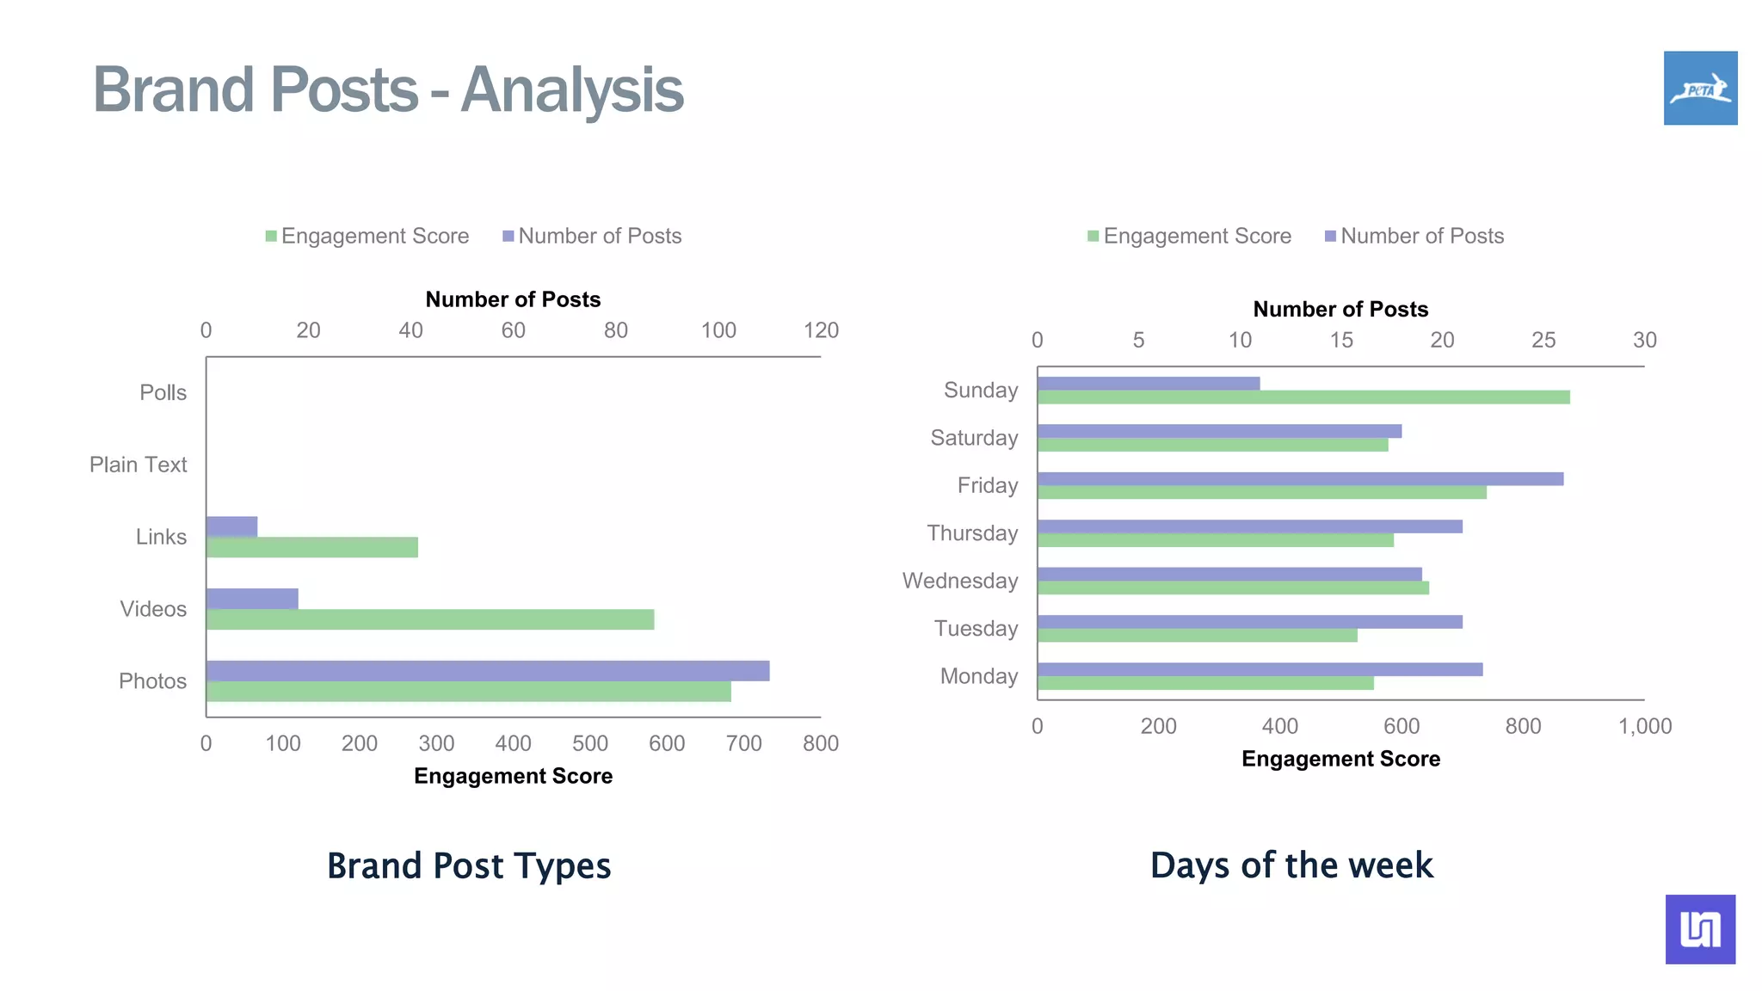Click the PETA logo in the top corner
(x=1700, y=88)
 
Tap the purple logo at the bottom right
(x=1700, y=929)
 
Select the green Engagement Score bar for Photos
(x=468, y=692)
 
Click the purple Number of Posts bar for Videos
(x=252, y=599)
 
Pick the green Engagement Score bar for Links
(x=311, y=547)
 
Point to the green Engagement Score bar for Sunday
(x=1303, y=397)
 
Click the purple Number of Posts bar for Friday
(x=1299, y=479)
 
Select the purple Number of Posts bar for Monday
(x=1260, y=669)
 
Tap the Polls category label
(x=163, y=393)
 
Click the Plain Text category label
(x=138, y=465)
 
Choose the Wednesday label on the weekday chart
(x=959, y=582)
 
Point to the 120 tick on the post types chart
(x=821, y=330)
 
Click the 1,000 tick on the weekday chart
(x=1644, y=727)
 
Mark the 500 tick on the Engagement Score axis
(x=589, y=744)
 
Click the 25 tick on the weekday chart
(x=1543, y=341)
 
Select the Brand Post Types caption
(x=469, y=865)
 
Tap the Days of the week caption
(x=1291, y=865)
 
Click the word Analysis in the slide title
(x=572, y=89)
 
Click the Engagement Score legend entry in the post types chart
(x=367, y=237)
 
